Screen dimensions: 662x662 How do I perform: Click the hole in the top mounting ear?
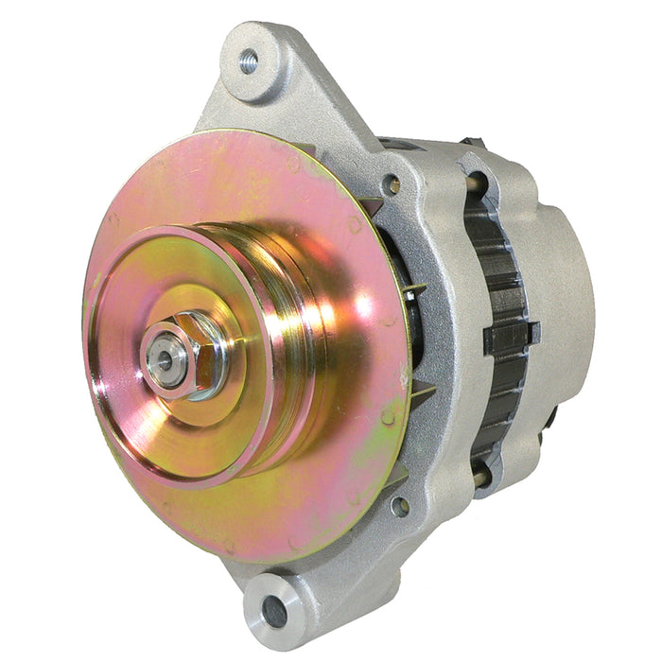(249, 62)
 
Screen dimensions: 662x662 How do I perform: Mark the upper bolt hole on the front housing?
(393, 184)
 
